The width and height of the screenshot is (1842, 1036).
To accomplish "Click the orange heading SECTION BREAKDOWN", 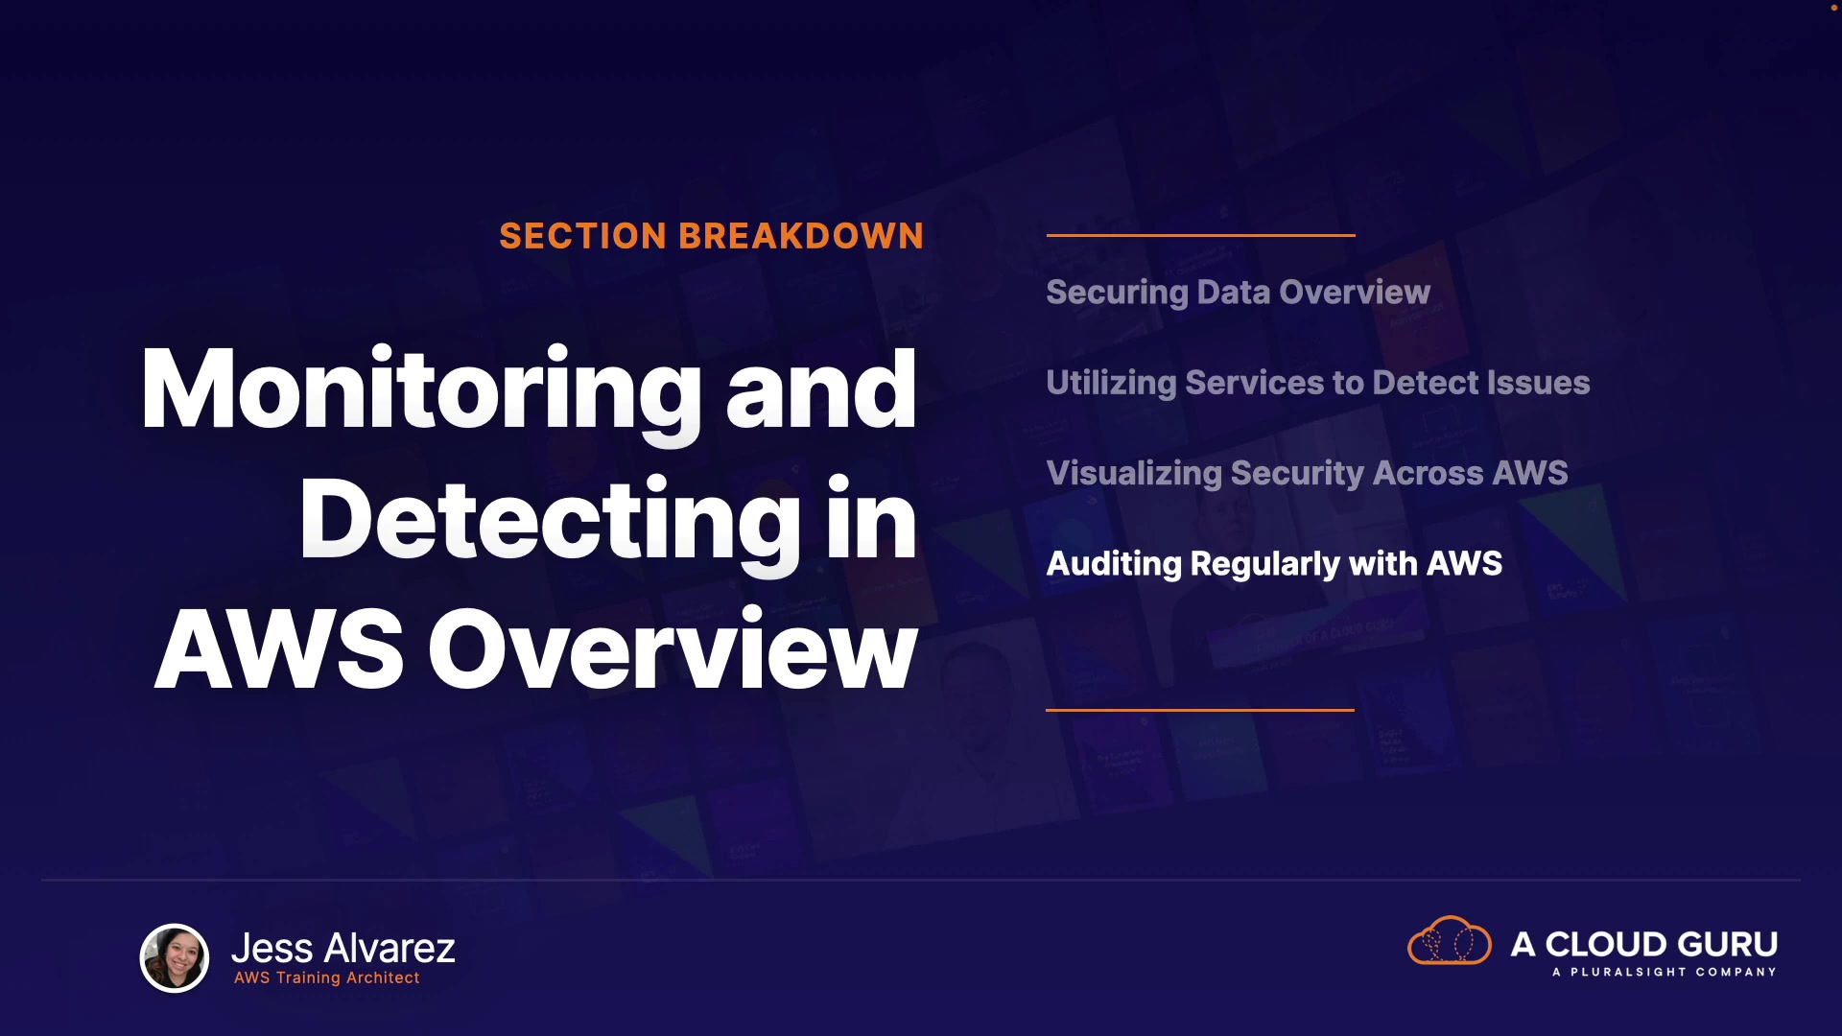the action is (x=711, y=236).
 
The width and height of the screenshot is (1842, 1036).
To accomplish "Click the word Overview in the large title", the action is (x=673, y=649).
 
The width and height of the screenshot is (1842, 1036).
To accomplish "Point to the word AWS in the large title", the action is (x=279, y=649).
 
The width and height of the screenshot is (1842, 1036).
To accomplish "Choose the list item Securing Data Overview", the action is (x=1238, y=293).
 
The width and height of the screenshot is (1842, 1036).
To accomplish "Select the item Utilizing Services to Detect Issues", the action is (x=1318, y=384).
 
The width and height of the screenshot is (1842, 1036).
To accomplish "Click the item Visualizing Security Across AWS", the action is (x=1307, y=474).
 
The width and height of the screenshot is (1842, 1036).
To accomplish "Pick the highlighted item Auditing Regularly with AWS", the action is (x=1274, y=564).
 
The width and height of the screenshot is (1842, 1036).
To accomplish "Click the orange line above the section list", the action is (x=1200, y=235).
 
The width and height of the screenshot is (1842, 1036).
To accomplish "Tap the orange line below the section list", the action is (x=1200, y=710).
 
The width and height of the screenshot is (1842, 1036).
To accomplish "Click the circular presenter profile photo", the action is (x=175, y=957).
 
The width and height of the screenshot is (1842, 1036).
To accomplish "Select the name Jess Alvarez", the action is (x=343, y=948).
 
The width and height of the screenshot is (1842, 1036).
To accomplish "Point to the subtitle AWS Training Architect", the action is (x=327, y=977).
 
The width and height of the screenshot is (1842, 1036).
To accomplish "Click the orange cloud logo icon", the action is (x=1450, y=940).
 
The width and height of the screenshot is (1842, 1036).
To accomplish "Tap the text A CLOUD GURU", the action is (x=1644, y=945).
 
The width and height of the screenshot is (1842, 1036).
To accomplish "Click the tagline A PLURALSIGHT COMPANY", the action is (x=1665, y=972).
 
